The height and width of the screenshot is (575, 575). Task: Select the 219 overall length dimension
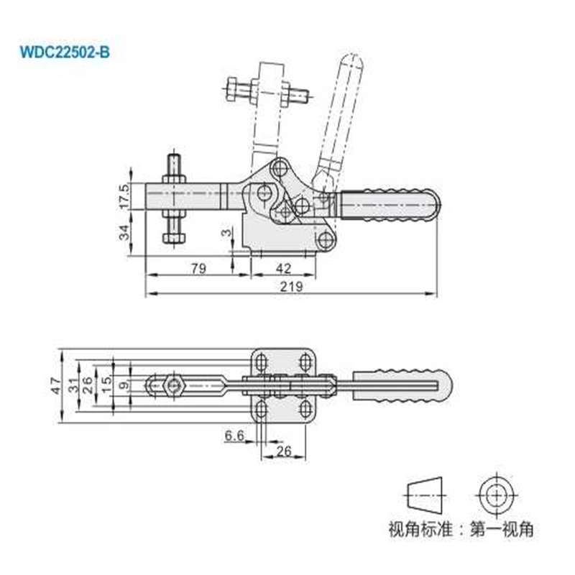(292, 285)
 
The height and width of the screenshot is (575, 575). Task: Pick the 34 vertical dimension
(125, 232)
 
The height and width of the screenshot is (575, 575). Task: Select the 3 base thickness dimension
(227, 234)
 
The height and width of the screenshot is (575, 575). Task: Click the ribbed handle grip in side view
(388, 205)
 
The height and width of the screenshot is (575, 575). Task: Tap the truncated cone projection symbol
(425, 496)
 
